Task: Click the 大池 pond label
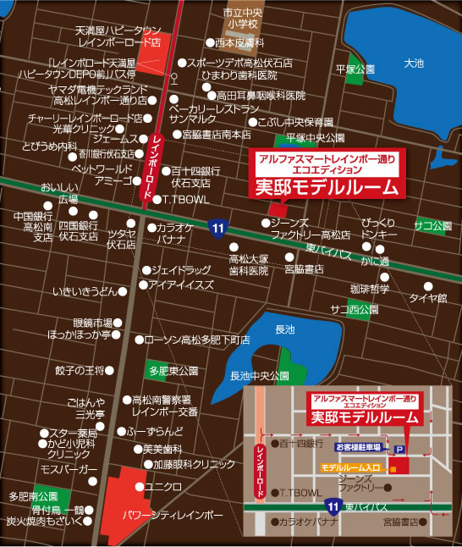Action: pos(414,63)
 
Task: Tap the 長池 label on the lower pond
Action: pos(285,329)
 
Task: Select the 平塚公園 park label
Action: pos(355,69)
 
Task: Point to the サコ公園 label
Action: pos(432,225)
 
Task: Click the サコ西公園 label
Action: pos(355,309)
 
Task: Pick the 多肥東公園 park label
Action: pos(172,371)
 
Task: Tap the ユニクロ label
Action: pos(164,487)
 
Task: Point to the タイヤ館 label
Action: pos(427,297)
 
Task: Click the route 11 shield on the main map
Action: pos(217,226)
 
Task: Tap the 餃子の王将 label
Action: pos(79,371)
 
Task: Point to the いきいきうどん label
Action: pos(84,290)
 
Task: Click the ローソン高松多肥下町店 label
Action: pos(197,340)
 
